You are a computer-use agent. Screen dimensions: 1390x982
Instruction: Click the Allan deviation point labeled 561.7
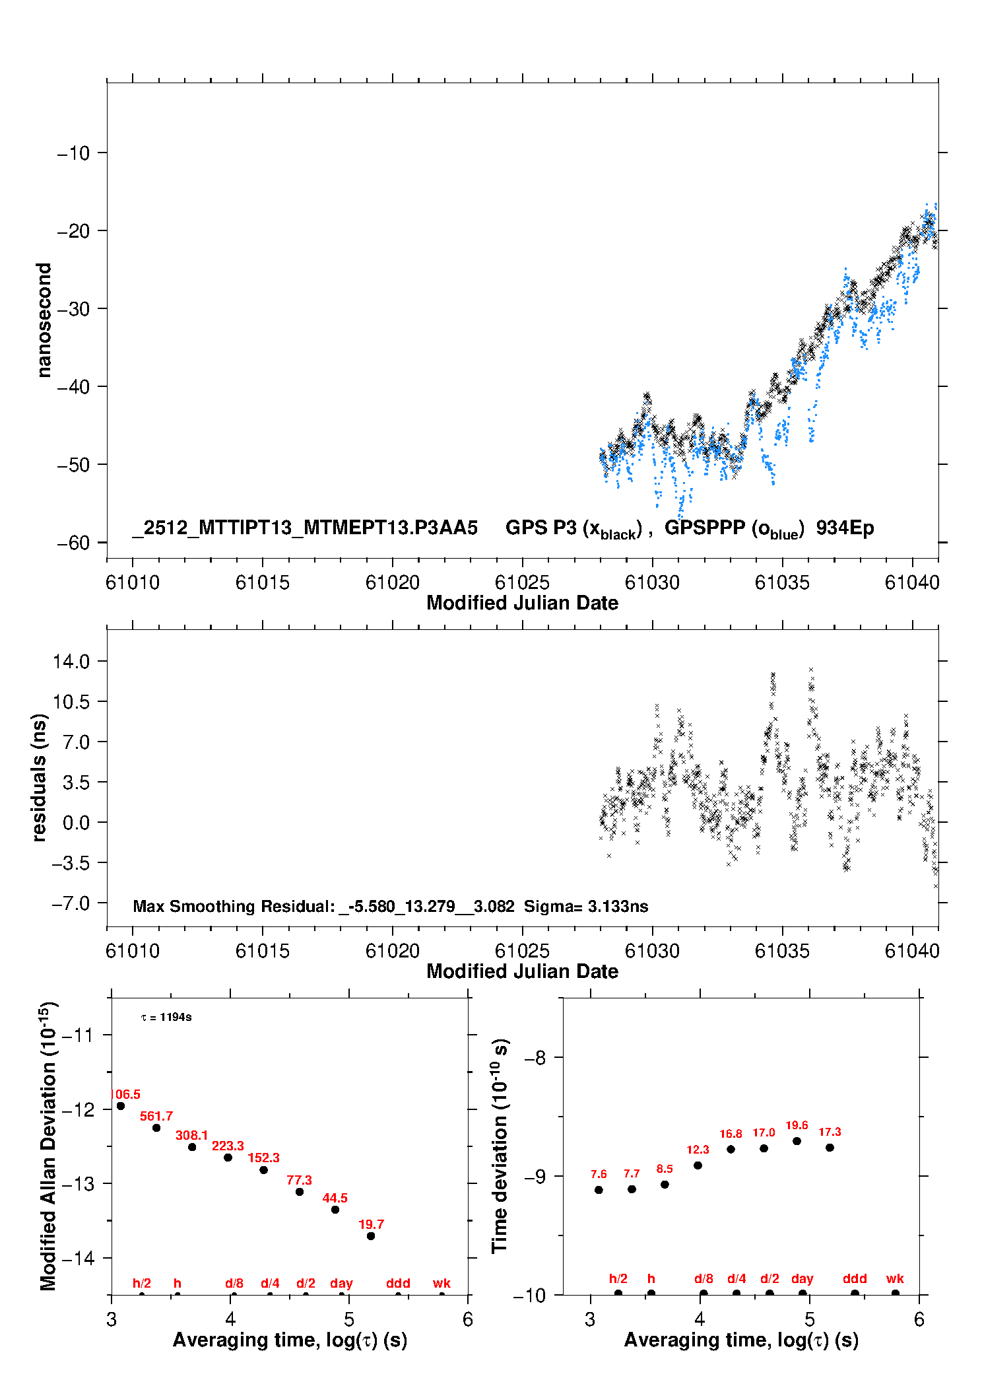coord(156,1128)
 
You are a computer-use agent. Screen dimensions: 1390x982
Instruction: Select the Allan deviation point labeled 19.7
coord(371,1236)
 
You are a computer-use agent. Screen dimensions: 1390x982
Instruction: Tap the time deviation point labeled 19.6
coord(797,1141)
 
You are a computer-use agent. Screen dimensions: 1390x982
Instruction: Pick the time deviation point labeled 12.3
coord(698,1165)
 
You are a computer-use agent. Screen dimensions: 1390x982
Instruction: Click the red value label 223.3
coord(228,1146)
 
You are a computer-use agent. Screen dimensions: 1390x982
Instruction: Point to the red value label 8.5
coord(665,1169)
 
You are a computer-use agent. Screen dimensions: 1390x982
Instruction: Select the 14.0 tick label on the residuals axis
coord(71,661)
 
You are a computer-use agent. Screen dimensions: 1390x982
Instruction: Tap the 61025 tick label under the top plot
coord(522,582)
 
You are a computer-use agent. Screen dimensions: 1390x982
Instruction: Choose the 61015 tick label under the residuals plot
coord(263,951)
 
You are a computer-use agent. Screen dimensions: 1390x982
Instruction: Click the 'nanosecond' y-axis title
coord(44,320)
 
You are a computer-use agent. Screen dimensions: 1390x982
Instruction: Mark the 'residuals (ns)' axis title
coord(40,777)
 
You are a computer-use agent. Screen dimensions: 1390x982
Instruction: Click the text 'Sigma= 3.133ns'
coord(586,906)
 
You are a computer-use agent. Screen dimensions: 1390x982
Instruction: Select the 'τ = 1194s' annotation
coord(166,1017)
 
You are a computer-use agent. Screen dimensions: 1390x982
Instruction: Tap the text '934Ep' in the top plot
coord(845,528)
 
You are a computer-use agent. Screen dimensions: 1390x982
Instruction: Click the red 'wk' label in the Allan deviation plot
coord(442,1283)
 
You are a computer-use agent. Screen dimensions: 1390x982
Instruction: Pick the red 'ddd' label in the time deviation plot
coord(855,1278)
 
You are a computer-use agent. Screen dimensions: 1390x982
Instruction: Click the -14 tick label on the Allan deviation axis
coord(78,1258)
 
